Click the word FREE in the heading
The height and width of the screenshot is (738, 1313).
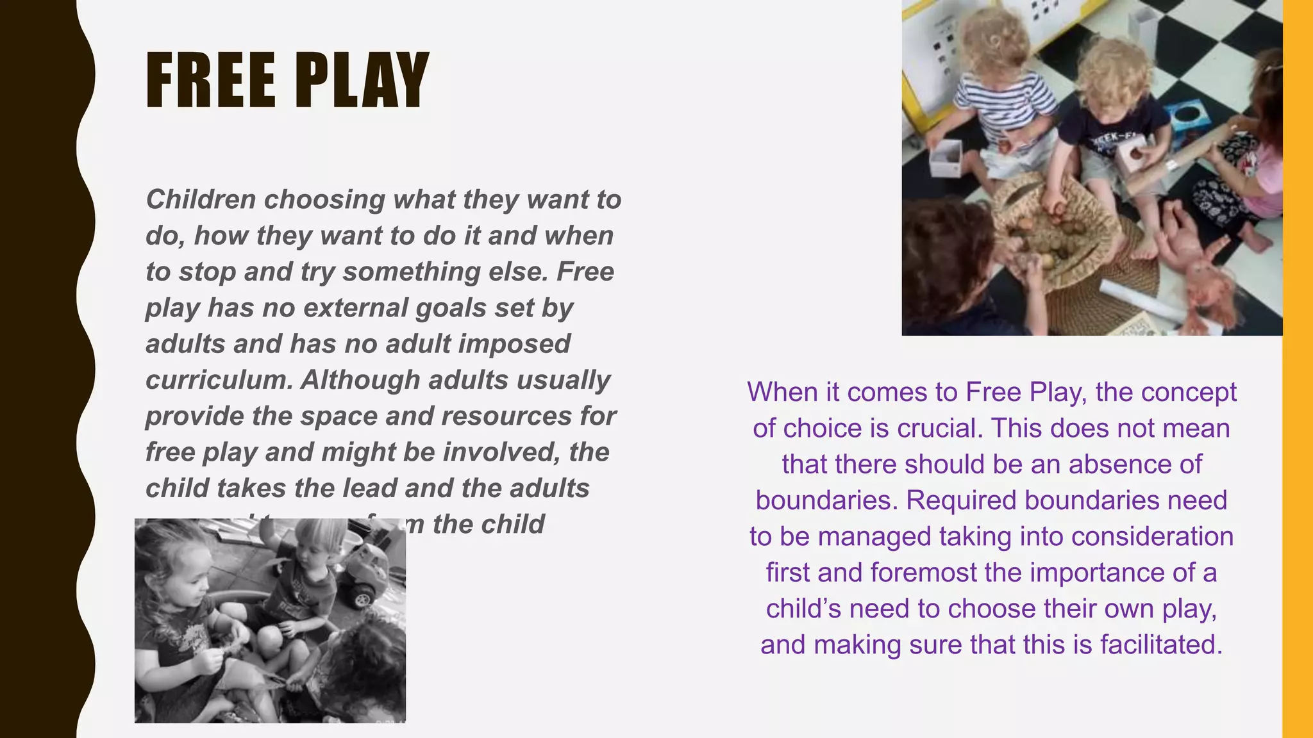point(211,81)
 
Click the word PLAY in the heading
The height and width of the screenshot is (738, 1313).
point(361,81)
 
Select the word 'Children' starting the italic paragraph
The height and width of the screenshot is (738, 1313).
point(201,199)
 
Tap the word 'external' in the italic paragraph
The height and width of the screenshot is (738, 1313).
point(355,308)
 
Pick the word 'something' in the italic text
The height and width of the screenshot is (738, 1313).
point(411,272)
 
